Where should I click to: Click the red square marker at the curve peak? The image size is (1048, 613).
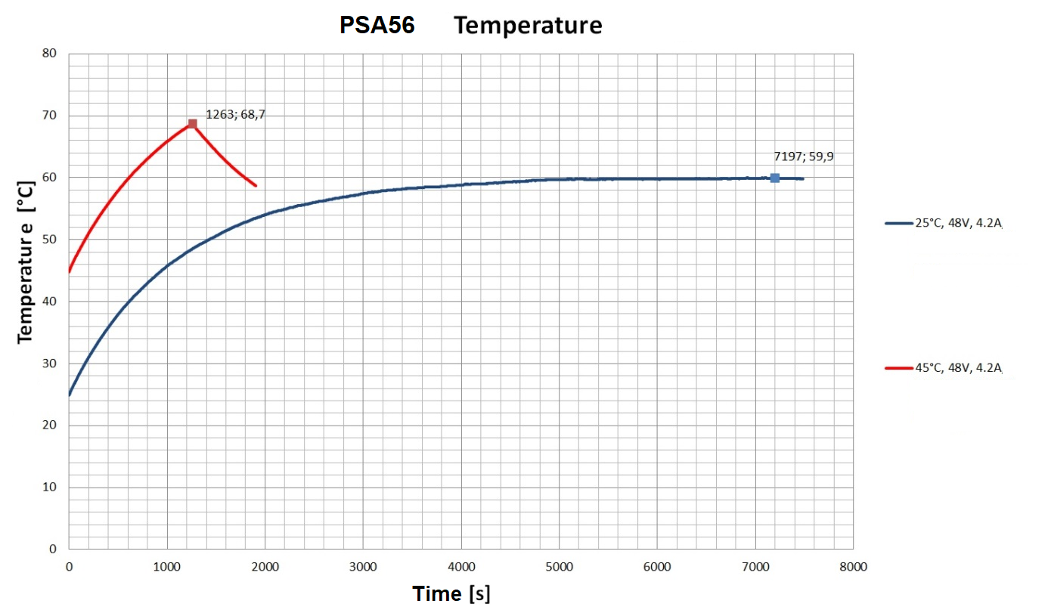pos(193,124)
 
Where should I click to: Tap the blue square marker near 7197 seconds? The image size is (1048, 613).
pos(774,178)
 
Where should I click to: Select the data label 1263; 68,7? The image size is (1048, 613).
pos(235,114)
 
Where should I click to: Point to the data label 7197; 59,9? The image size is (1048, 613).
pos(803,156)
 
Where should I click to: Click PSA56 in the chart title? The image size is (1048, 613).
pos(377,26)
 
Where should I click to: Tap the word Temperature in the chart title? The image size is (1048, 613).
pos(528,26)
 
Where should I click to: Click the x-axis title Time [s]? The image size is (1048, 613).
pos(451,593)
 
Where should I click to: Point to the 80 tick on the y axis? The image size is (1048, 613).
pos(50,54)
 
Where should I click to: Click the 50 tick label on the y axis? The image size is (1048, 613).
pos(50,240)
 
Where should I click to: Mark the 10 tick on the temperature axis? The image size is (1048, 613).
pos(50,488)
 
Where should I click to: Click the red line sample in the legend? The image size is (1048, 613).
pos(898,368)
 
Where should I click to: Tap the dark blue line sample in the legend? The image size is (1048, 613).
pos(898,223)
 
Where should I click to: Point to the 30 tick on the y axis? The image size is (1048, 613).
pos(50,364)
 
